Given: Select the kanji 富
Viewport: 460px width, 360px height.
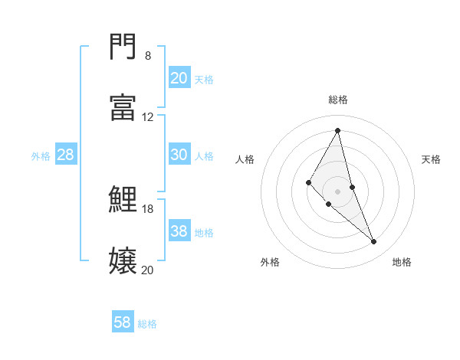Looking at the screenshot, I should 123,107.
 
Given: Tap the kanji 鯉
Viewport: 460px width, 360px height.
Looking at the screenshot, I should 123,199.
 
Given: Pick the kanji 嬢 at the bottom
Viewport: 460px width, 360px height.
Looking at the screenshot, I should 123,260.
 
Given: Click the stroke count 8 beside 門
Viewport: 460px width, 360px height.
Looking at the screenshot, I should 148,56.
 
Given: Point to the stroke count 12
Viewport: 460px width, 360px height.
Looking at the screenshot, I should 148,117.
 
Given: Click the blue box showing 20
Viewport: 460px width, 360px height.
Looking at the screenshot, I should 179,77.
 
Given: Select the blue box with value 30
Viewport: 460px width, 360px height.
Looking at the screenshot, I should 179,155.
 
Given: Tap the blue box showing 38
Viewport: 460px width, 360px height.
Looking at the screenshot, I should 179,231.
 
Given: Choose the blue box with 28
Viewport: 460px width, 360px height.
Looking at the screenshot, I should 66,155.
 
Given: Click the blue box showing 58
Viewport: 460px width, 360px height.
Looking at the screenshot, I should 123,322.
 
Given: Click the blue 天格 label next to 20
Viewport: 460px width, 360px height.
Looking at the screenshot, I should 204,79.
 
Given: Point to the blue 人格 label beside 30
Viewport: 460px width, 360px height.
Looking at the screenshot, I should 204,156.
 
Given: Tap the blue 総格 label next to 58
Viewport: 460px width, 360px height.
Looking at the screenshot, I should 147,324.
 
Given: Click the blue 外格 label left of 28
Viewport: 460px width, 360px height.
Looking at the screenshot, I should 41,156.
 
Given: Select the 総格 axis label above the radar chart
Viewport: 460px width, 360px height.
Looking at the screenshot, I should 338,100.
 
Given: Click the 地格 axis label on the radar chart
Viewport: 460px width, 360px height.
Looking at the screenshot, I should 402,262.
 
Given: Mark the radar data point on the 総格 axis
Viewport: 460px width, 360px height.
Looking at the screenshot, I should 338,130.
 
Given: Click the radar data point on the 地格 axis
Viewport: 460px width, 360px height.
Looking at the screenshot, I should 374,241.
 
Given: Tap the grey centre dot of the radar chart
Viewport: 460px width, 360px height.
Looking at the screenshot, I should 338,191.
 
